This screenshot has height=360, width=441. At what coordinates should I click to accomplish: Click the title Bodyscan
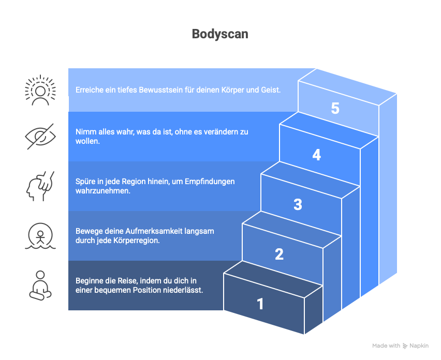pyautogui.click(x=220, y=34)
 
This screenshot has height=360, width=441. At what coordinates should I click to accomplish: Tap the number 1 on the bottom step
pyautogui.click(x=260, y=304)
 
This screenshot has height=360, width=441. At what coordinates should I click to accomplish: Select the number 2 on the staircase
pyautogui.click(x=279, y=254)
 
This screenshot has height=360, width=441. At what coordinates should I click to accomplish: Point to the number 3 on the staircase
pyautogui.click(x=298, y=204)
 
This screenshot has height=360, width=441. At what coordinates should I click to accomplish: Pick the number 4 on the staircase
pyautogui.click(x=316, y=155)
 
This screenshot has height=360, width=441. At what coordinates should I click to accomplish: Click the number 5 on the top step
pyautogui.click(x=335, y=109)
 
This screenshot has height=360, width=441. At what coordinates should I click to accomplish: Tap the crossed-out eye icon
pyautogui.click(x=40, y=136)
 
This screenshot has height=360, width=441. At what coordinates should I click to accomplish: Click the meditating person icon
pyautogui.click(x=40, y=286)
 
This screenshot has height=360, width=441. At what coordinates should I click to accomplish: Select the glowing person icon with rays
pyautogui.click(x=40, y=90)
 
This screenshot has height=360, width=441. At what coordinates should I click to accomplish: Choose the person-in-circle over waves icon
pyautogui.click(x=40, y=236)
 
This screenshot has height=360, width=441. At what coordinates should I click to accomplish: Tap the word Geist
pyautogui.click(x=269, y=90)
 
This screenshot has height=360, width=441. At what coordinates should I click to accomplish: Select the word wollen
pyautogui.click(x=87, y=141)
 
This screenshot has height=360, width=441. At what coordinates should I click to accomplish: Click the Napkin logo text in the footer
pyautogui.click(x=419, y=346)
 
